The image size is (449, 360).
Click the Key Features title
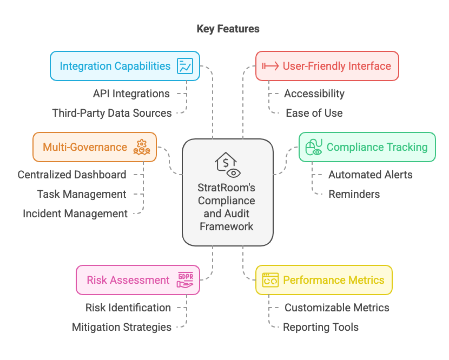tap(228, 29)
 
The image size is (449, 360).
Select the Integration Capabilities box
tap(125, 66)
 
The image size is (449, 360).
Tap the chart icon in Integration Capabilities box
tap(185, 66)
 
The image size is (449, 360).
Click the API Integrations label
tap(131, 94)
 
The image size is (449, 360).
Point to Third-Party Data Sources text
tap(112, 113)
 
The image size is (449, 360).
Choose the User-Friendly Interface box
tap(327, 66)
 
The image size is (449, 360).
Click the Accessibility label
tap(314, 94)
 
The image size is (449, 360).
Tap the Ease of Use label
tap(314, 113)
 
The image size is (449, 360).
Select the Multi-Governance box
tap(95, 147)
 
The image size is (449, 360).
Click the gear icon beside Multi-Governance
tap(141, 147)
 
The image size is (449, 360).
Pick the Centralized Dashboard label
tap(72, 175)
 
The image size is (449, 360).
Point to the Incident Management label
tap(75, 214)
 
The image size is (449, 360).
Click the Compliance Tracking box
tap(367, 147)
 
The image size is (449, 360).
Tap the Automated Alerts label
tap(371, 175)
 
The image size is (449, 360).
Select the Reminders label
tap(354, 194)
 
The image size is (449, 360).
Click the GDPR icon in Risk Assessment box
tap(185, 280)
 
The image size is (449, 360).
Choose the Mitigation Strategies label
tap(122, 327)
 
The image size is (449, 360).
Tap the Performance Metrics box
tap(323, 280)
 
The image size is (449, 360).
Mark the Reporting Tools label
tap(321, 327)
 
